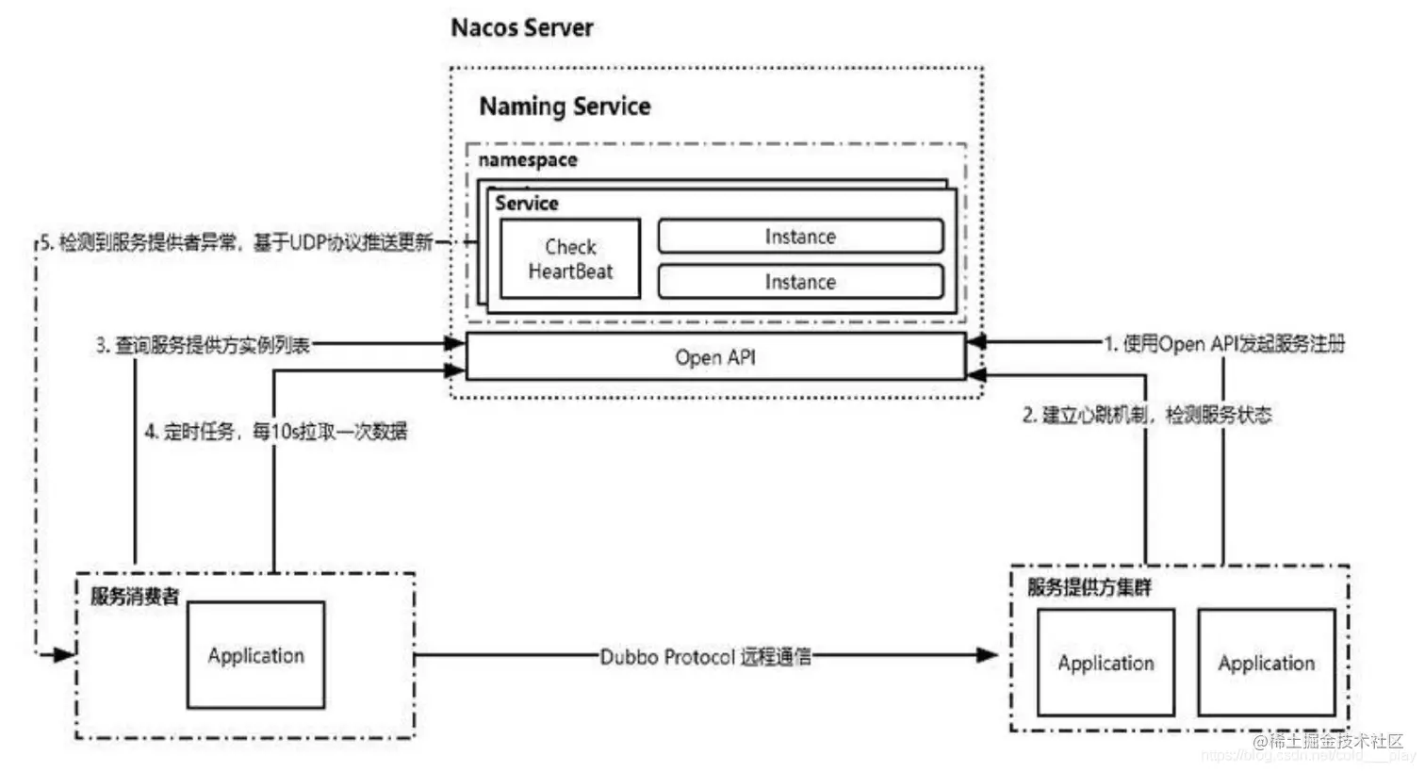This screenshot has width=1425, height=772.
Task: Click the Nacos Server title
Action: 522,27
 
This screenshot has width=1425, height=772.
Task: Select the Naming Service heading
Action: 565,107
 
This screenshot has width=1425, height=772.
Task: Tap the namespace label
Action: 527,160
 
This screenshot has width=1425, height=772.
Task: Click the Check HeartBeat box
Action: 569,259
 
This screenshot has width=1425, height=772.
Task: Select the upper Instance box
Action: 800,237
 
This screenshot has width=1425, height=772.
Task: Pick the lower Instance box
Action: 800,282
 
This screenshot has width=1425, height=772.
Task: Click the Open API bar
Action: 715,357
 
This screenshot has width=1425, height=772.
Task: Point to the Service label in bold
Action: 526,204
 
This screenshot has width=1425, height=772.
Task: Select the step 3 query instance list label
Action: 203,345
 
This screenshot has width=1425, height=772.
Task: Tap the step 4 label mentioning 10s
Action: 275,433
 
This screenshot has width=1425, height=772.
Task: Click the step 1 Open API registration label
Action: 1224,344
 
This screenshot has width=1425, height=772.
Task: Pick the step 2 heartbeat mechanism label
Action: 1147,415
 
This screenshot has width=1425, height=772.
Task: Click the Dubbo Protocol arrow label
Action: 705,657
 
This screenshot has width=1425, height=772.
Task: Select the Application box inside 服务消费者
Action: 255,656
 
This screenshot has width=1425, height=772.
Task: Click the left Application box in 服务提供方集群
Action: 1106,663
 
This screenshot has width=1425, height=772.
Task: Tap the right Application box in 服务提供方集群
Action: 1266,663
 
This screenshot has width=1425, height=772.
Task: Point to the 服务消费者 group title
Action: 134,597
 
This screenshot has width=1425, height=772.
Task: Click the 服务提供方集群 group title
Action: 1089,588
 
